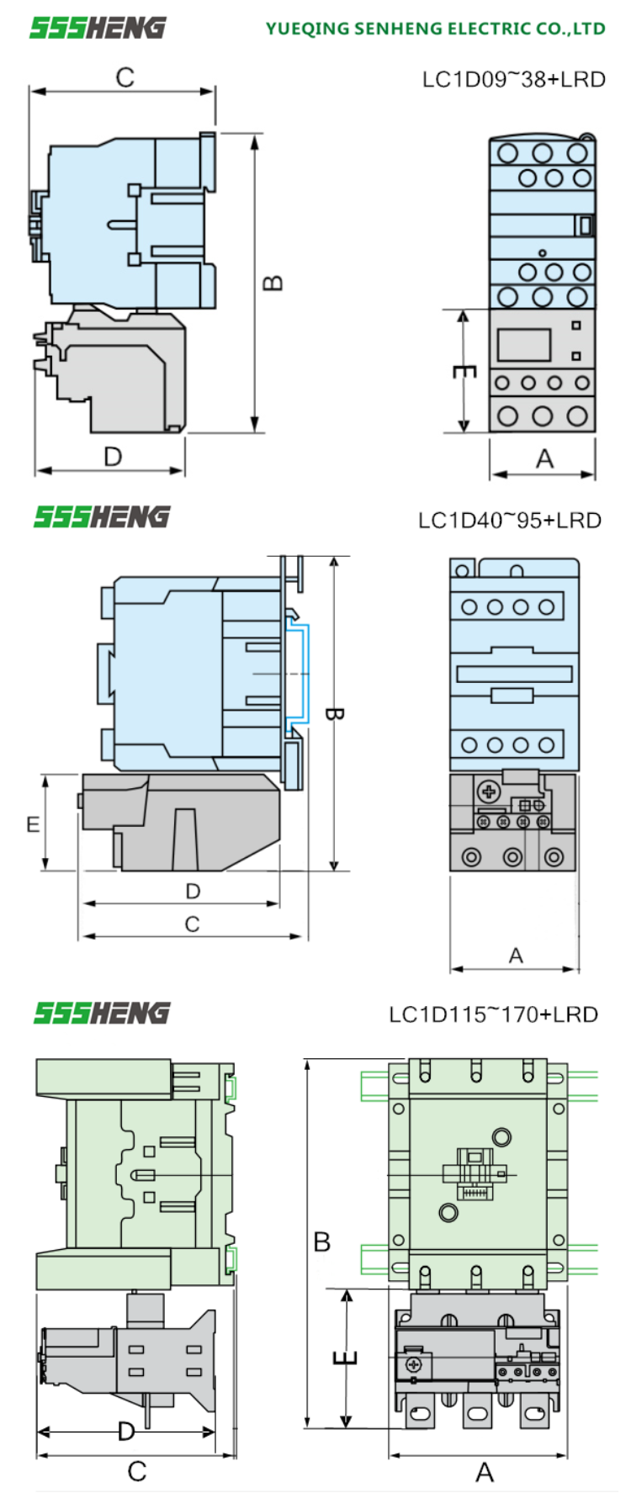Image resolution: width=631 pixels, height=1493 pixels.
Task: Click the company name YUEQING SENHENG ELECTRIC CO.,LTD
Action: pos(435,29)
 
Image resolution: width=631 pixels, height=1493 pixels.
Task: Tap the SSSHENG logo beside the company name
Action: pos(98,28)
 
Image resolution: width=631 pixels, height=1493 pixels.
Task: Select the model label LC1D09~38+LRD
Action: pos(513,79)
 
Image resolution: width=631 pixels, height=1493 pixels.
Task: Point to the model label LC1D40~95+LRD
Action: pos(510,520)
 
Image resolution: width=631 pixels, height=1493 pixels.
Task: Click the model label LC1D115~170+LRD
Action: pos(493,1014)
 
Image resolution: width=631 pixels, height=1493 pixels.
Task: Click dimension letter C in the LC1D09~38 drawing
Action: pos(125,77)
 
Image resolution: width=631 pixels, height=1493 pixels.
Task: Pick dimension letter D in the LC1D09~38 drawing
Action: pos(113,457)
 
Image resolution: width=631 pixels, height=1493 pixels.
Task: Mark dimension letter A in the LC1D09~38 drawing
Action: pos(544,459)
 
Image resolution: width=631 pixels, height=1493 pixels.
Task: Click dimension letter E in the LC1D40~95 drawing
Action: pos(33,823)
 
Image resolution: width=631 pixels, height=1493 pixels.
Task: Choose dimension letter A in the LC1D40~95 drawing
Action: pos(516,956)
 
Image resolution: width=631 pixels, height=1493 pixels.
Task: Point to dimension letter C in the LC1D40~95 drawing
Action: pos(192,924)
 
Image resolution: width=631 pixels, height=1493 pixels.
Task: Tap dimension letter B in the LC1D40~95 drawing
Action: pos(333,715)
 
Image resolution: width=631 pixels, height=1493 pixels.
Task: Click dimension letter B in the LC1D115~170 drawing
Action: pos(322,1242)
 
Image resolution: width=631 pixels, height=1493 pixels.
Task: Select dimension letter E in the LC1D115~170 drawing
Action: pos(346,1358)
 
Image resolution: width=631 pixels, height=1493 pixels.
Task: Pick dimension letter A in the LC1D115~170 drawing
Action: pos(485,1472)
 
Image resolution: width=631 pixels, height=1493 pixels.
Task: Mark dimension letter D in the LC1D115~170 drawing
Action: pos(126,1431)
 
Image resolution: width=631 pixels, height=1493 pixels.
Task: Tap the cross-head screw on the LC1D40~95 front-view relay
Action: pos(487,792)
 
